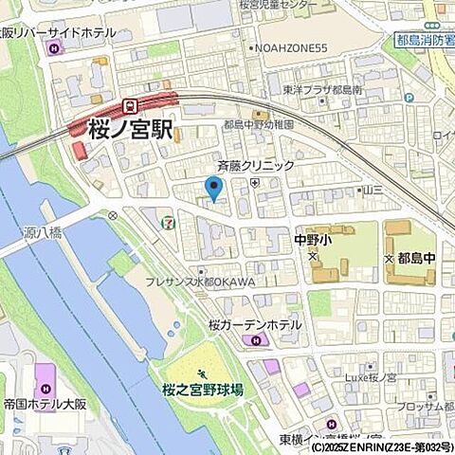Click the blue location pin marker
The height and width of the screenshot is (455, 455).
point(214,188)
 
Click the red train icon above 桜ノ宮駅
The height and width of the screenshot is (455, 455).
point(132,105)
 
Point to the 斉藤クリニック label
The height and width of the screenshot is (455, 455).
point(256,165)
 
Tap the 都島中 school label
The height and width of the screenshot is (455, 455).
point(414,258)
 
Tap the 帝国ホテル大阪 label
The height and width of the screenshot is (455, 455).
point(44,403)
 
